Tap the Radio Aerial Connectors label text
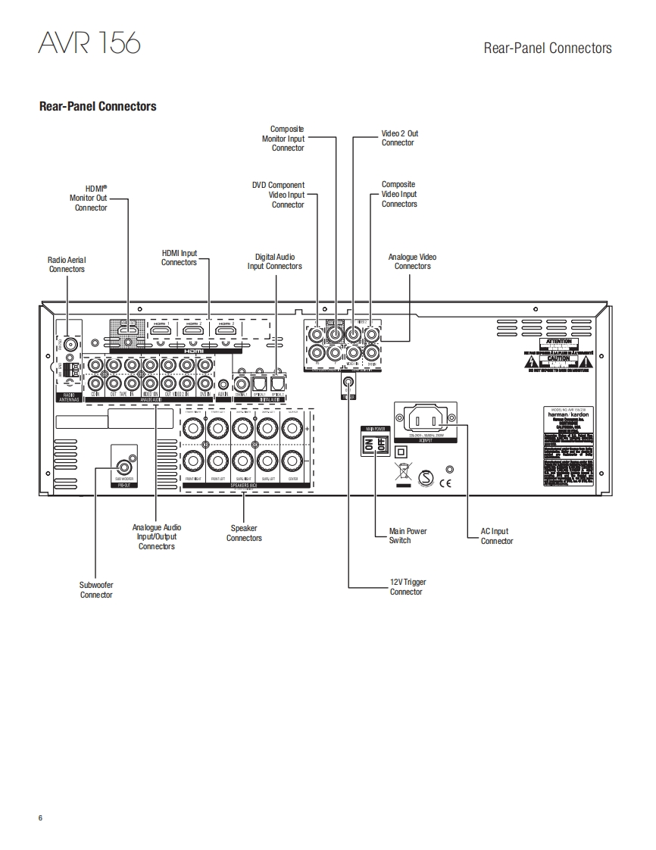pos(67,264)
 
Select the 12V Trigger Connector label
pos(408,586)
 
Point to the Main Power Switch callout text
pos(408,536)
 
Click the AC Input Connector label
pos(496,536)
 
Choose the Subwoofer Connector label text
pos(96,589)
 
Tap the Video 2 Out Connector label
pos(399,138)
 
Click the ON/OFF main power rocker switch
pos(376,446)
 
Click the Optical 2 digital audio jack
pos(278,384)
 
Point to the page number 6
pos(41,817)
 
